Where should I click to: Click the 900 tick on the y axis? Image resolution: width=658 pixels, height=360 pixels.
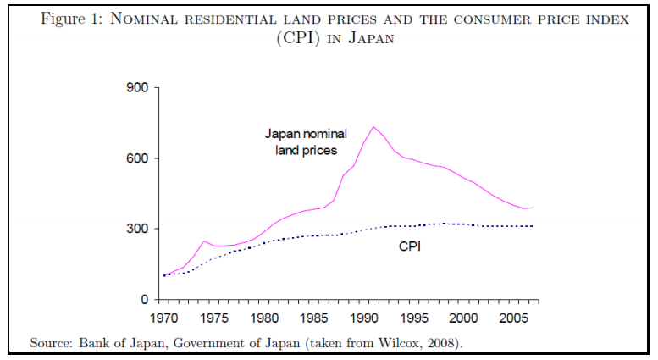[x=137, y=88]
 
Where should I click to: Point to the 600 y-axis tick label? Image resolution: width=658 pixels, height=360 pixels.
[x=137, y=158]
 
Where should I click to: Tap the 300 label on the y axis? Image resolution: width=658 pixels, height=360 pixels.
[x=137, y=229]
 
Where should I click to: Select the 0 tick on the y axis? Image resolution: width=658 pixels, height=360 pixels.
[x=144, y=300]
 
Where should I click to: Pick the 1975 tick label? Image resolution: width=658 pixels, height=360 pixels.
[x=213, y=319]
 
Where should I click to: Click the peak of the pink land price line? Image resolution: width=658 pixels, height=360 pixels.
[x=373, y=127]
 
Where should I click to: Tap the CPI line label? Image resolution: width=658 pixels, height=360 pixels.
[x=411, y=247]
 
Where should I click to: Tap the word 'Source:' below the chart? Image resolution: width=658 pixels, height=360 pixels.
[x=52, y=343]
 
